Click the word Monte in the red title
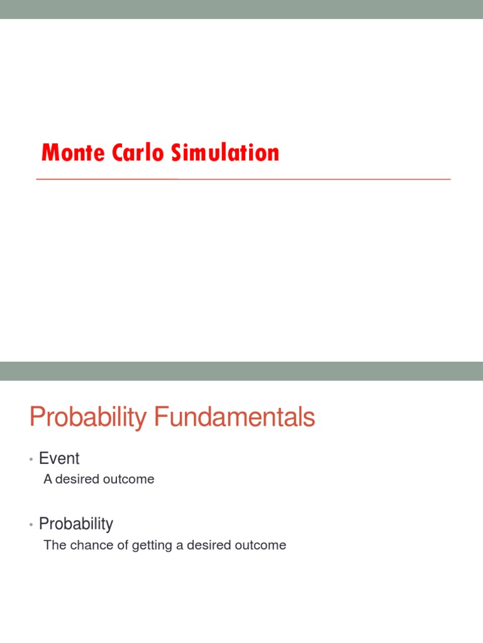point(71,153)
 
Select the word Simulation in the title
point(219,153)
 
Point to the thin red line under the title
point(243,179)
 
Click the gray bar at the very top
point(241,9)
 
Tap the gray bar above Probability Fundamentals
point(241,370)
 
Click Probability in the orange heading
point(87,418)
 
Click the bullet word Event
point(59,458)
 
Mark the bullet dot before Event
point(31,460)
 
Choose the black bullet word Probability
point(76,524)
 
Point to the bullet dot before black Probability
point(31,526)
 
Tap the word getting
point(152,545)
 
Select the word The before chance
point(54,545)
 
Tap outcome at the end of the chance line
point(261,545)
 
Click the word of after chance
point(123,545)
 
